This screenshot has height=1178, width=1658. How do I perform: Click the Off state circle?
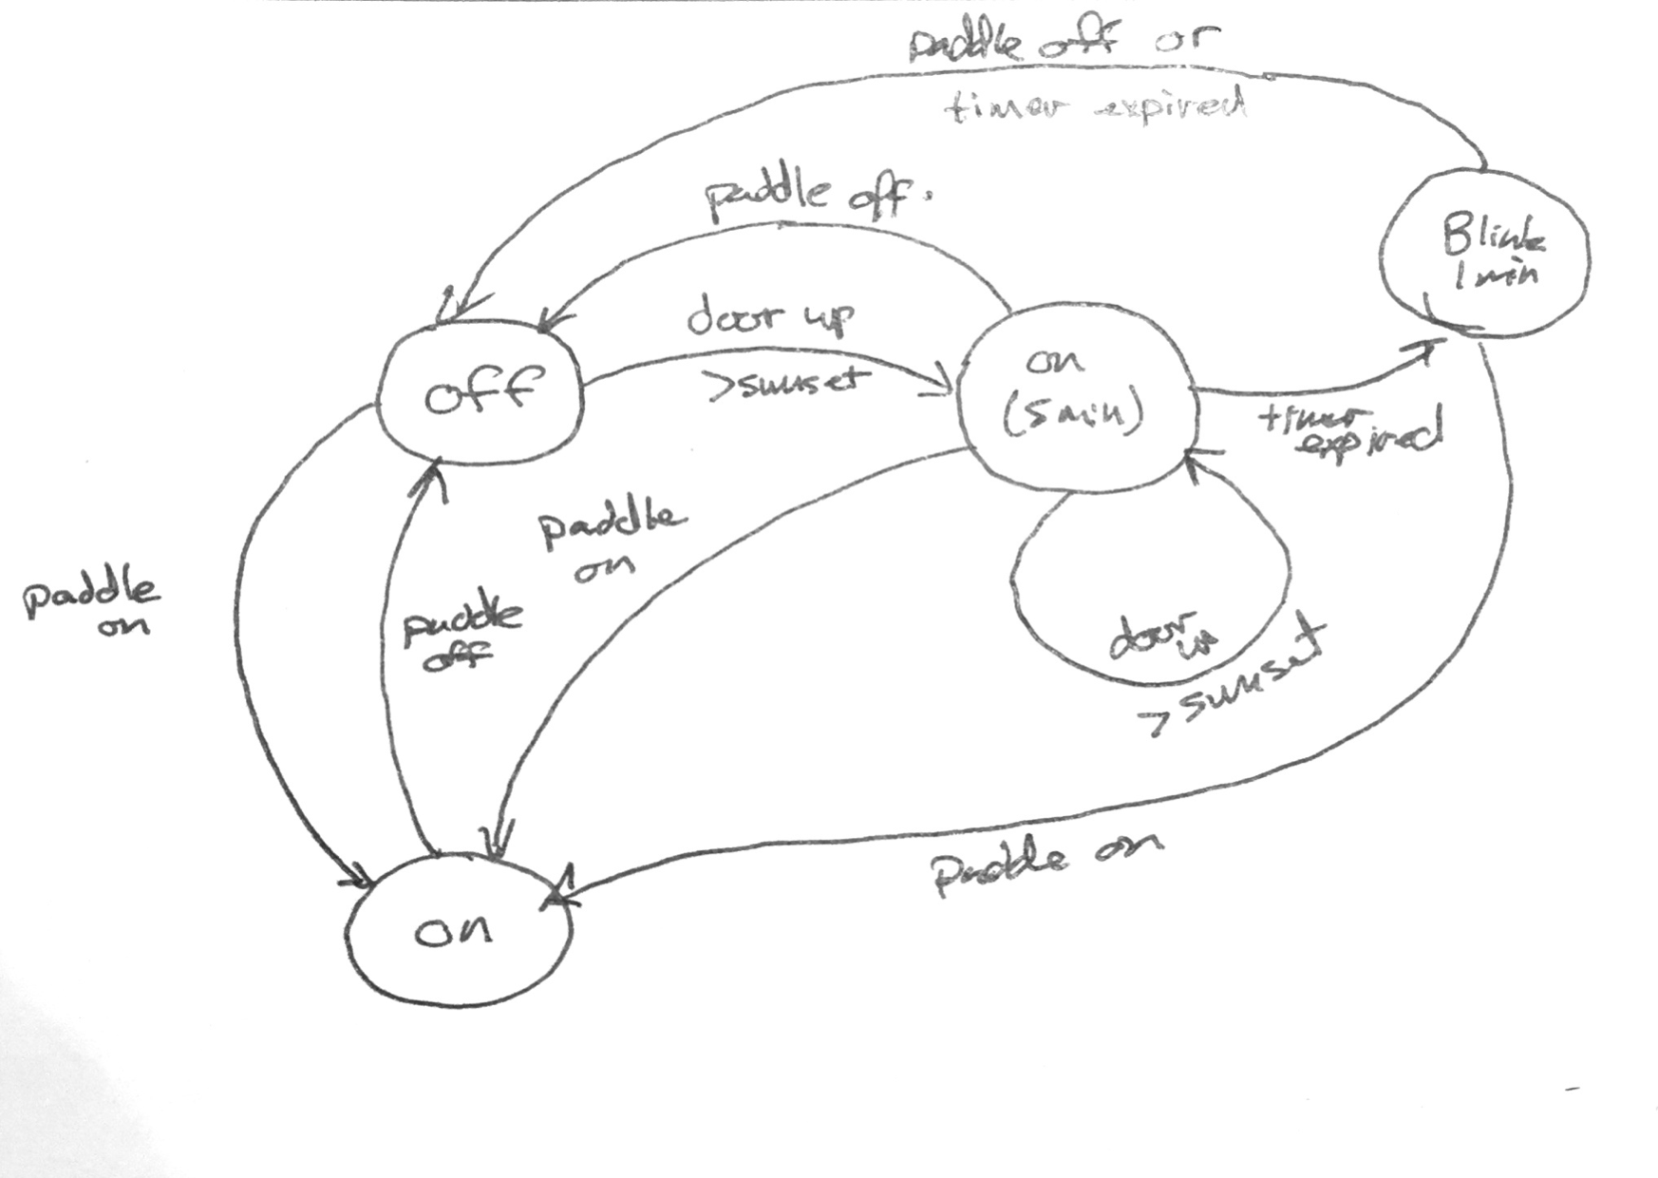click(480, 392)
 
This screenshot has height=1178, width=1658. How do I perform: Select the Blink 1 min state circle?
click(1485, 254)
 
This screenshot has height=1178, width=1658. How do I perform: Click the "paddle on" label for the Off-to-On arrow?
click(91, 605)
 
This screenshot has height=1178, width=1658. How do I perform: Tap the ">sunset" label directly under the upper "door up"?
click(788, 382)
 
